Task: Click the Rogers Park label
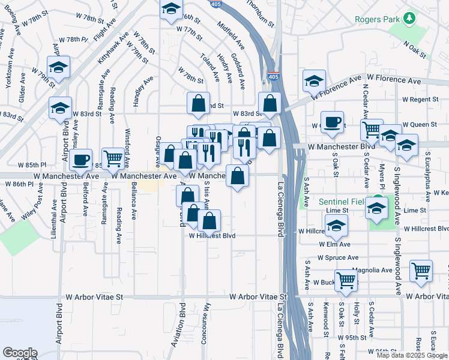coord(377,20)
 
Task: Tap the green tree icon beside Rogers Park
coord(410,19)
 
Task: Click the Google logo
coord(19,353)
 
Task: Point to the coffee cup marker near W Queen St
coord(332,123)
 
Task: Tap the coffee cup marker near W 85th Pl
coord(80,160)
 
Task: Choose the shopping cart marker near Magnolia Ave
coord(421,271)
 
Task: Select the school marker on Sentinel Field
coord(376,208)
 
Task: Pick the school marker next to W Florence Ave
coord(314,81)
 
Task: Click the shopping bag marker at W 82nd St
coord(199,104)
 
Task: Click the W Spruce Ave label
coord(339,257)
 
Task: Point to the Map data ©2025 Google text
coord(412,355)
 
